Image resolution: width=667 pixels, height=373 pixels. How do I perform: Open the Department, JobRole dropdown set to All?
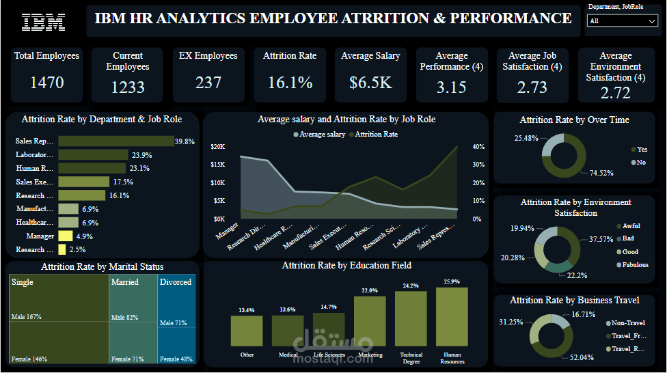[622, 21]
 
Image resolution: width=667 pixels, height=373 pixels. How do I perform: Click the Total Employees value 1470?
[47, 83]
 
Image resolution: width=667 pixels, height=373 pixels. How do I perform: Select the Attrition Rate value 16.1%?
[290, 83]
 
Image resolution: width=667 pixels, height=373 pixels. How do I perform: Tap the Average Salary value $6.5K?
[370, 83]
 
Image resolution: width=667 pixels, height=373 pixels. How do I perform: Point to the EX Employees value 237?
[208, 83]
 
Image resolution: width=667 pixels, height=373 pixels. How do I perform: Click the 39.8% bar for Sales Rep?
[115, 141]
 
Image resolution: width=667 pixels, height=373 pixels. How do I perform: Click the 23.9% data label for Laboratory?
[141, 155]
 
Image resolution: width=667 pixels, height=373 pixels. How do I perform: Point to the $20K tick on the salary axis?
[217, 147]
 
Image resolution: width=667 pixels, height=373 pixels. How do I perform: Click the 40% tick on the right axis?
[478, 147]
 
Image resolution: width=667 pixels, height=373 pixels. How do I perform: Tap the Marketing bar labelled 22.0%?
[370, 321]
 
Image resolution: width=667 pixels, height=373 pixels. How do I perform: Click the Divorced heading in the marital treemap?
[176, 282]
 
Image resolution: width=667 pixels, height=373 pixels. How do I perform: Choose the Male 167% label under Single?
[27, 317]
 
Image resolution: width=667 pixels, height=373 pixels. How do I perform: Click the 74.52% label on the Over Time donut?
[601, 173]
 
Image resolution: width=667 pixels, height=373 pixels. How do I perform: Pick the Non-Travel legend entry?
[627, 323]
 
